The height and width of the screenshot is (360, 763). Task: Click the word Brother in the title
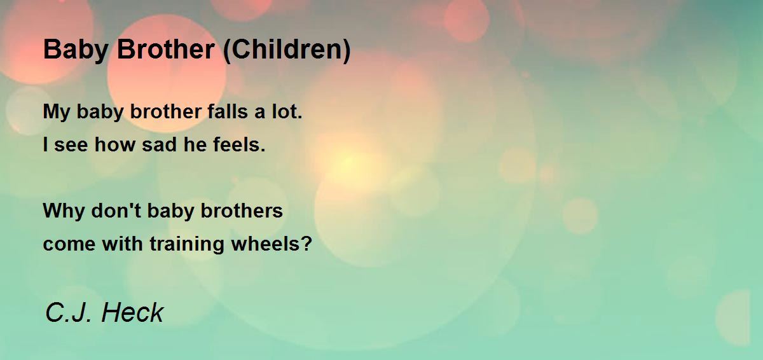(x=166, y=50)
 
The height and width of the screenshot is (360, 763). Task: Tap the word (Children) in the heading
(x=287, y=51)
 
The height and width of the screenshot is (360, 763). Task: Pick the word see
(x=71, y=146)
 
